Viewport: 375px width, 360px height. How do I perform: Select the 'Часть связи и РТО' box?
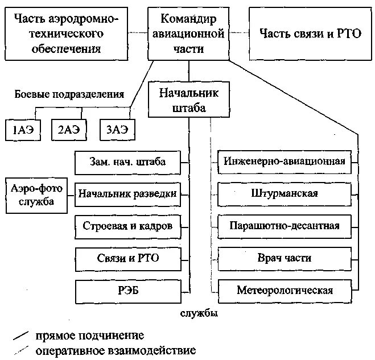click(311, 34)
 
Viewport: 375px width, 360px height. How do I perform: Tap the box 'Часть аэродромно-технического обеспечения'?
click(66, 34)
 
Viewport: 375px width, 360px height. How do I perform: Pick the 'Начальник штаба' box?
click(183, 100)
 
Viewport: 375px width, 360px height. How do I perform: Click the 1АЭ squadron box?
click(23, 130)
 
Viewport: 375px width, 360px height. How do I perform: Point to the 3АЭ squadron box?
click(117, 130)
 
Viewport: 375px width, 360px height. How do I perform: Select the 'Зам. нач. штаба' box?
click(128, 162)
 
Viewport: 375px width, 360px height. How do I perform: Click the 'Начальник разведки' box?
click(128, 194)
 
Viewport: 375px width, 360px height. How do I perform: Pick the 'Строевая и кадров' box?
click(128, 226)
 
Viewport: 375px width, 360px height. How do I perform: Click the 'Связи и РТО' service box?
click(128, 258)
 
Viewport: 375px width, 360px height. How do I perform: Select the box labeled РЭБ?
click(128, 290)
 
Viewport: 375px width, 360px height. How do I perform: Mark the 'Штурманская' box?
click(285, 194)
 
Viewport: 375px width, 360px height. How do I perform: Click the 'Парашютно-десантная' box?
click(285, 226)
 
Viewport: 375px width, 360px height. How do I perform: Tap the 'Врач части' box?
click(285, 258)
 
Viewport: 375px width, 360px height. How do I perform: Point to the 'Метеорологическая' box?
click(285, 290)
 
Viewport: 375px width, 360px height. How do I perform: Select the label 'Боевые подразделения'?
click(70, 94)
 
